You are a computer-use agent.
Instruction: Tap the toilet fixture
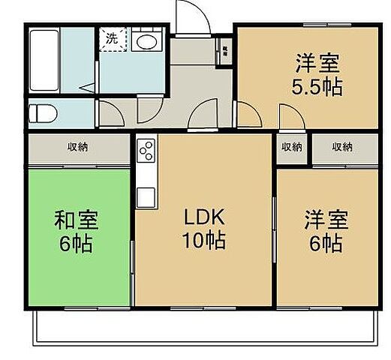coord(44,113)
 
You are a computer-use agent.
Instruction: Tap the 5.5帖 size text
coord(317,86)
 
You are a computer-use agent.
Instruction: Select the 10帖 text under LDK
coord(203,242)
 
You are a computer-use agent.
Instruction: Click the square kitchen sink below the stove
coord(146,196)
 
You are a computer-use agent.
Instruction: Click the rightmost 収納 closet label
coord(341,148)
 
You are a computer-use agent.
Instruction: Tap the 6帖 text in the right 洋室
coord(325,243)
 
